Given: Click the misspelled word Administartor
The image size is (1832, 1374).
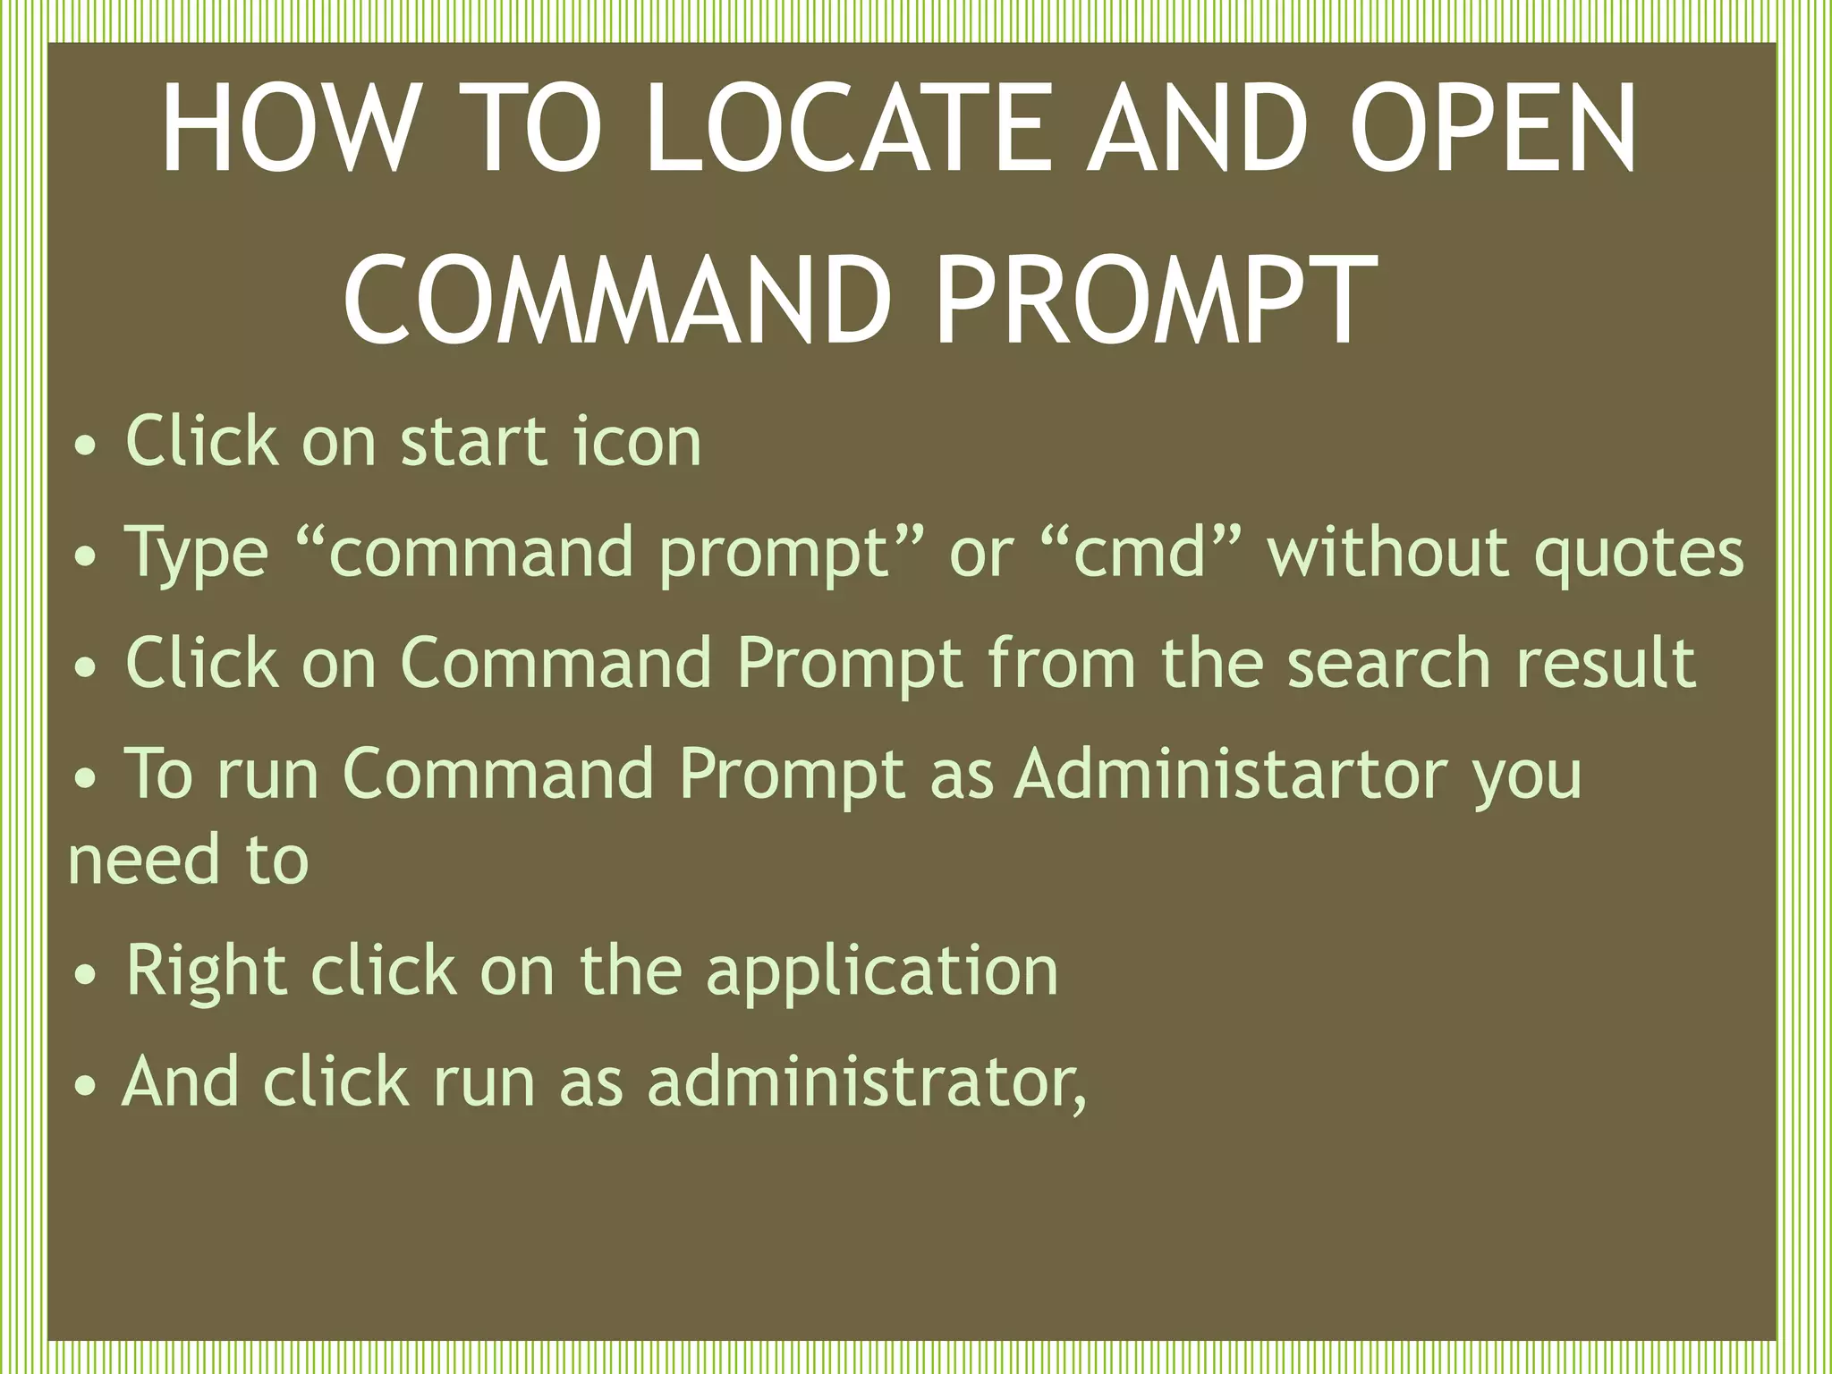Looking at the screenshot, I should click(1230, 773).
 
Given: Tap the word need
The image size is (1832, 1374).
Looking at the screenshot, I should click(143, 859).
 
